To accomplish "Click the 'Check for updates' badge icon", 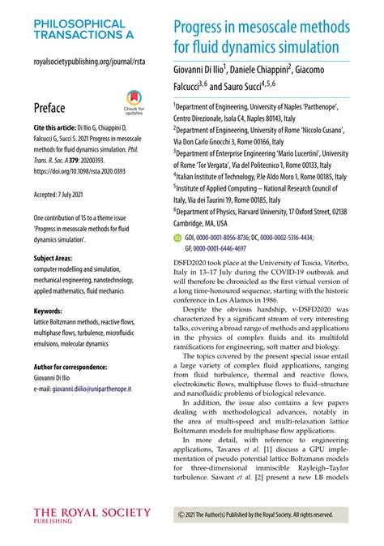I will click(134, 97).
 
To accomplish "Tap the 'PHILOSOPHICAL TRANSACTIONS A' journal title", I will click(79, 31).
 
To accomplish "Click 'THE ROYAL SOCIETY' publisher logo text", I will click(92, 513).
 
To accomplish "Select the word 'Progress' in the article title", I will click(203, 28).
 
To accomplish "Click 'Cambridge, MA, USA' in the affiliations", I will click(200, 223).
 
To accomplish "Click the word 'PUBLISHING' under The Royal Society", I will click(53, 522).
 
